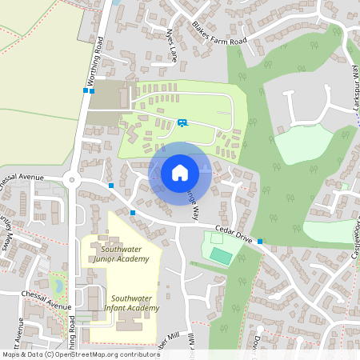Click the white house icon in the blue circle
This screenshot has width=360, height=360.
[x=180, y=172]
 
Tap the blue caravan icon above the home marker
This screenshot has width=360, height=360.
[x=182, y=122]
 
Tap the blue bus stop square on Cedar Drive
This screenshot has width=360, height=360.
[x=260, y=240]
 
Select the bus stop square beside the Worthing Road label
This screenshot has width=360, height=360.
[x=85, y=90]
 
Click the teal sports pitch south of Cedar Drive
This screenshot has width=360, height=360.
[x=221, y=255]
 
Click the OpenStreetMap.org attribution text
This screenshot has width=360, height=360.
[x=104, y=354]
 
